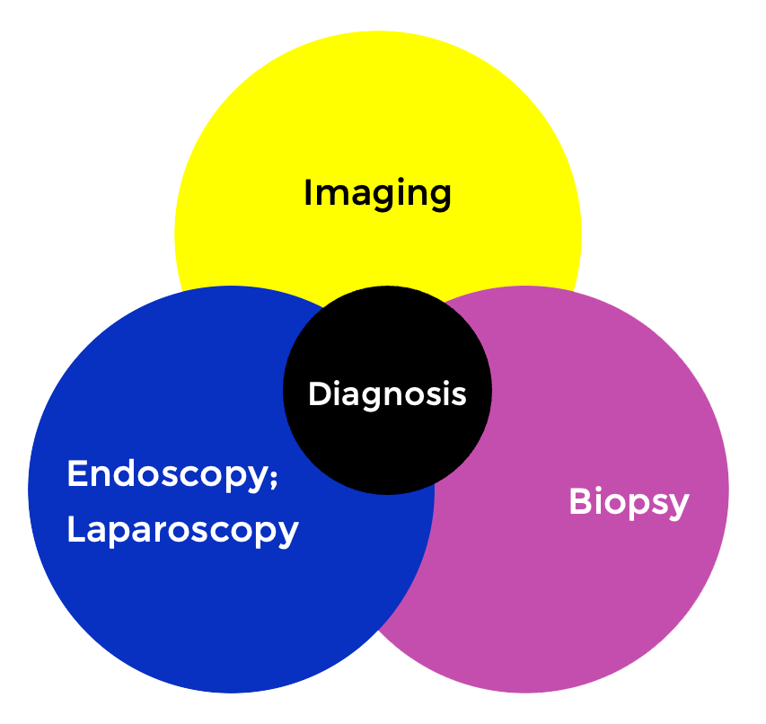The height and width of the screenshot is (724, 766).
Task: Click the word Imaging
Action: pos(377,193)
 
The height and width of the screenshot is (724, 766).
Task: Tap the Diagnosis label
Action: pos(387,393)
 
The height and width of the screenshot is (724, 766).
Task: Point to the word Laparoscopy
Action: pos(182,530)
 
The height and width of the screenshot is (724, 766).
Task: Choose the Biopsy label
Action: pos(629,502)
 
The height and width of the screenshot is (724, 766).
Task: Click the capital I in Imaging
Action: pos(308,193)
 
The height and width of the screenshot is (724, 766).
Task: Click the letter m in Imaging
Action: pos(331,195)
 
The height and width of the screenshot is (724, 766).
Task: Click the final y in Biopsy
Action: pos(678,506)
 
